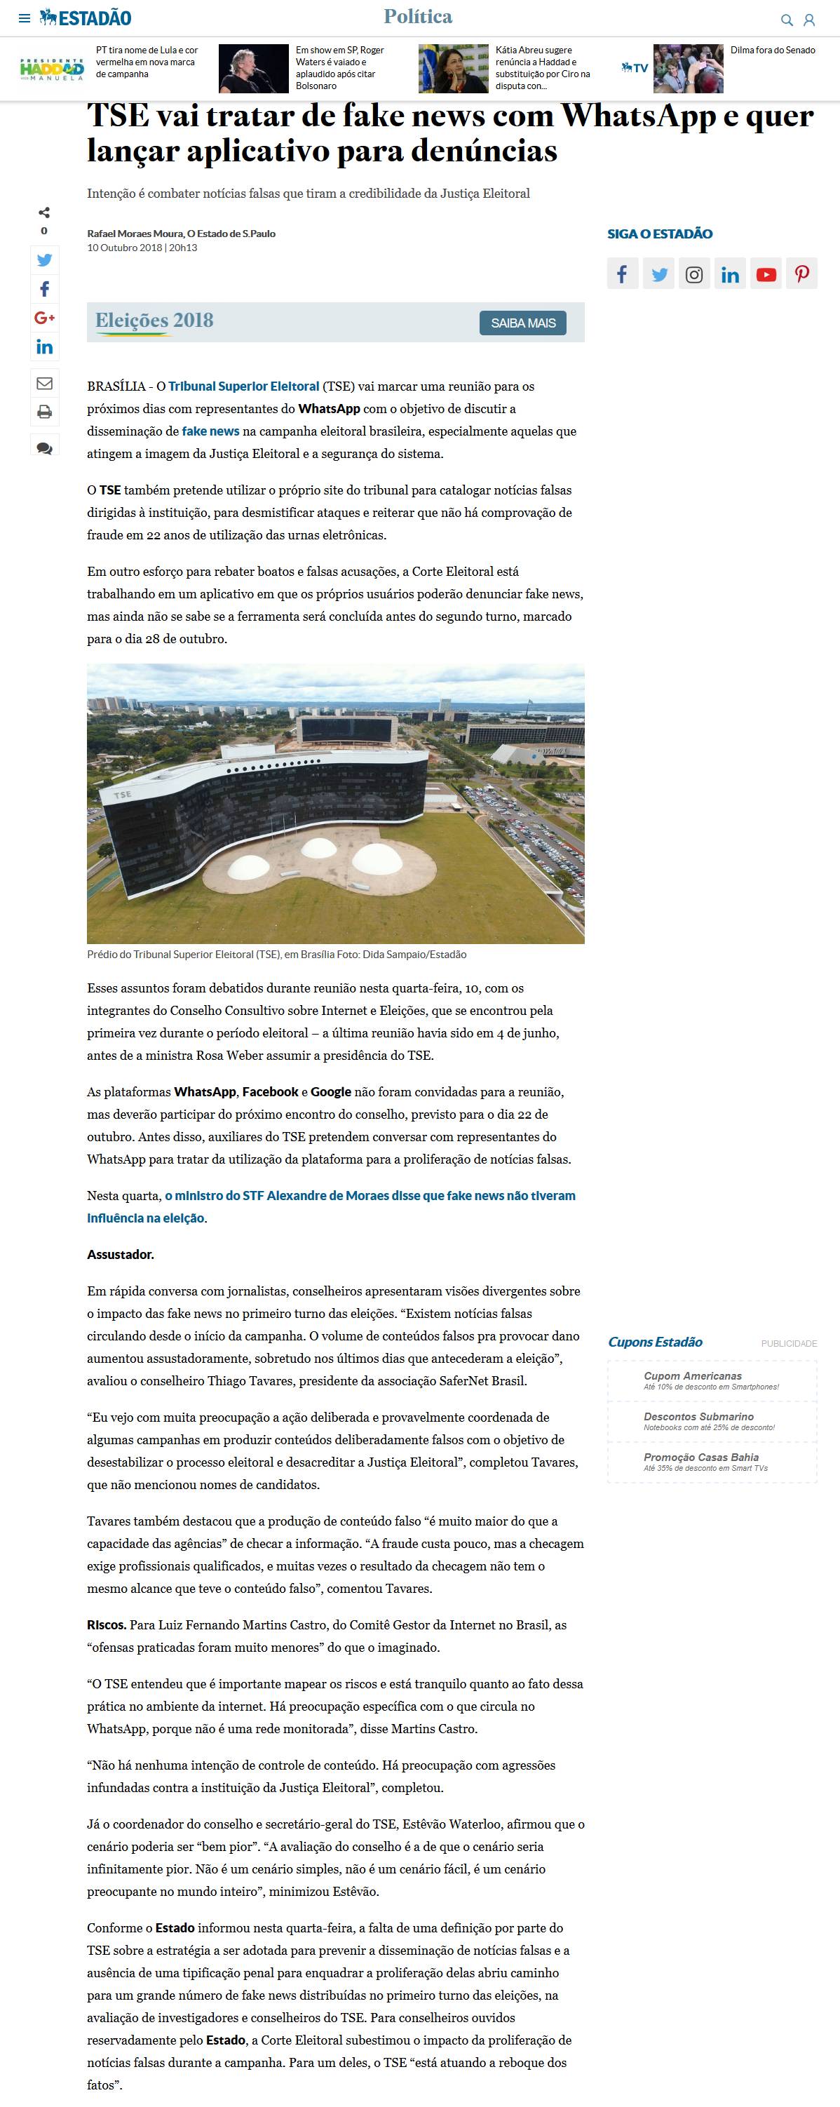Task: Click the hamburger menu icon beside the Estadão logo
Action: [25, 18]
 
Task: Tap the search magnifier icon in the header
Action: [787, 20]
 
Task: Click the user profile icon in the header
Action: [809, 20]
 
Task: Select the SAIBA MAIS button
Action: [522, 323]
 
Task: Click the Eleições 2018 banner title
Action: [154, 321]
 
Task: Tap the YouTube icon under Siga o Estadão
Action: [766, 275]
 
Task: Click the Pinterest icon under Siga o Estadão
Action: [801, 275]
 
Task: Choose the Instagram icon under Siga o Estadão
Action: [693, 275]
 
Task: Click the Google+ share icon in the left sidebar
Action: [44, 317]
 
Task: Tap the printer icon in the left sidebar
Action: [44, 412]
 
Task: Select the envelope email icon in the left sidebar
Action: [44, 383]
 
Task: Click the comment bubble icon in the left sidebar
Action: [44, 447]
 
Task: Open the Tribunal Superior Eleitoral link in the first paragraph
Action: [244, 386]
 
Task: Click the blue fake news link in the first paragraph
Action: [210, 431]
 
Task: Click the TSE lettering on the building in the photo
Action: [122, 794]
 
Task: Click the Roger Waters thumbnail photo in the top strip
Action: [254, 69]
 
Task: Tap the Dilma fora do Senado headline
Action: [772, 51]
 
